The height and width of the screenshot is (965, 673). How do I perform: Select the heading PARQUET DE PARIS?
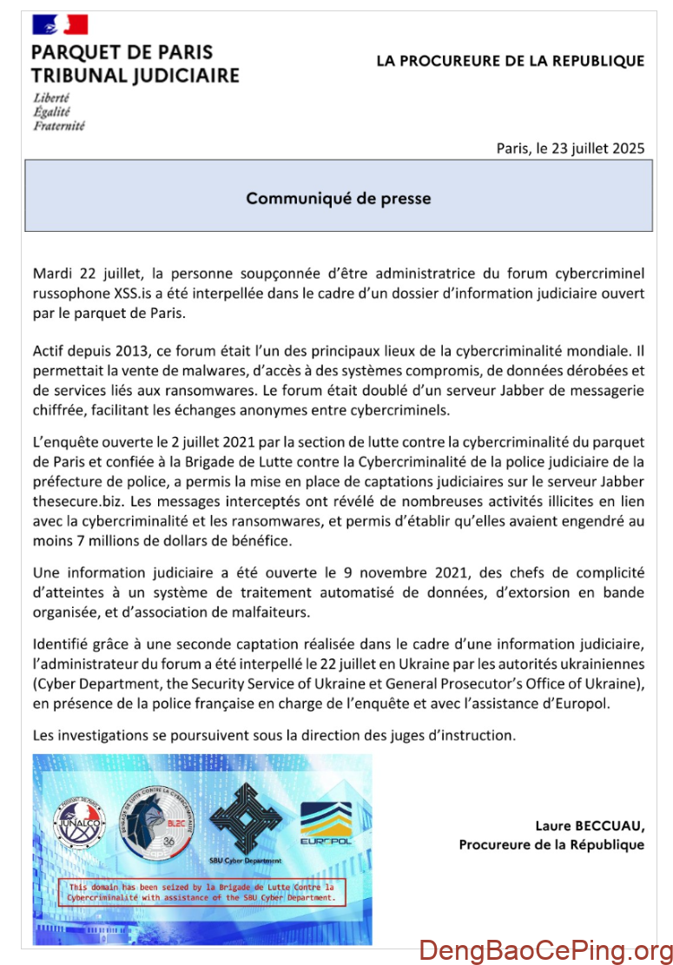pyautogui.click(x=122, y=52)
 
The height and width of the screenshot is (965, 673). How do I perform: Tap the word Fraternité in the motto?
pyautogui.click(x=59, y=126)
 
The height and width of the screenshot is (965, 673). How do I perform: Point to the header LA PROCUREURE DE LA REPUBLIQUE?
pyautogui.click(x=510, y=61)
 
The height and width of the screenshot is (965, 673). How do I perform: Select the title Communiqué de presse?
pyautogui.click(x=338, y=198)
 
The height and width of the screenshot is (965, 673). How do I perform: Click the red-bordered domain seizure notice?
pyautogui.click(x=201, y=892)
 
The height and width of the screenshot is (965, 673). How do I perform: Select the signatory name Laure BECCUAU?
pyautogui.click(x=590, y=825)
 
